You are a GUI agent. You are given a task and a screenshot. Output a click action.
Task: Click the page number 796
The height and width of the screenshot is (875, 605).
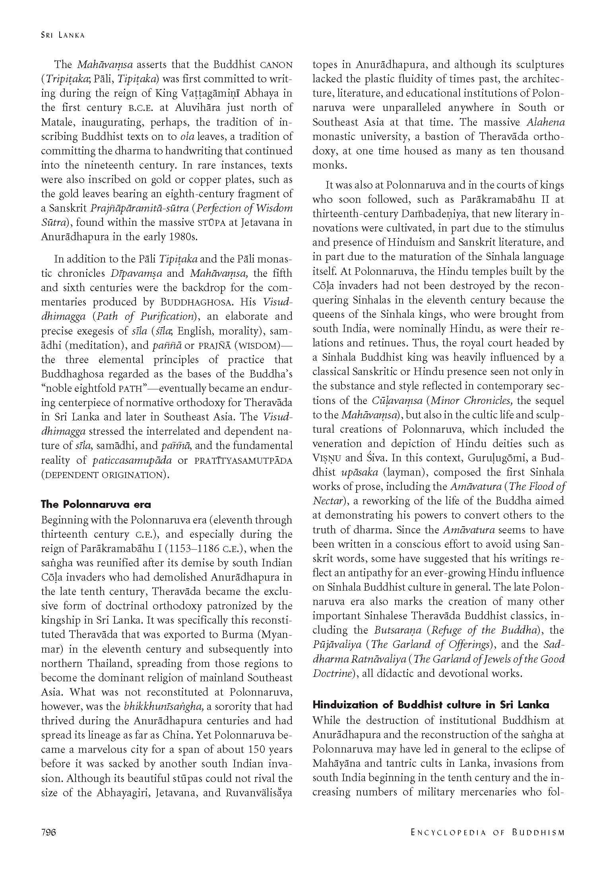pyautogui.click(x=48, y=832)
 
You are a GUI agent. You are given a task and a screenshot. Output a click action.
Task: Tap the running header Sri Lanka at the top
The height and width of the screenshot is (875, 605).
pyautogui.click(x=63, y=35)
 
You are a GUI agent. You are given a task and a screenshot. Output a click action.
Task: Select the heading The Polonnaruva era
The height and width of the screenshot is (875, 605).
pyautogui.click(x=96, y=505)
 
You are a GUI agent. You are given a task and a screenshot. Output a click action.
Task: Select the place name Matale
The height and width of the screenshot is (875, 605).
pyautogui.click(x=59, y=122)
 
